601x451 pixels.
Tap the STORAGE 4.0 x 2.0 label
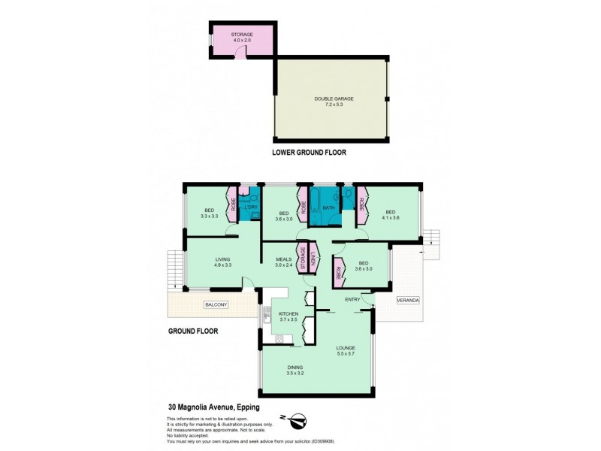(x=242, y=36)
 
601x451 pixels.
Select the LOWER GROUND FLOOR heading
(x=310, y=152)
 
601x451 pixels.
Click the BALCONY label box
(x=216, y=304)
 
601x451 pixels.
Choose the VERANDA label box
(x=409, y=300)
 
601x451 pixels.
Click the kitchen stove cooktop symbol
(x=279, y=339)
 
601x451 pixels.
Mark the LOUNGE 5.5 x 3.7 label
(x=346, y=351)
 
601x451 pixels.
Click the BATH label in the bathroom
(x=328, y=207)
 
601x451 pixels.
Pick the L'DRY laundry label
(x=252, y=207)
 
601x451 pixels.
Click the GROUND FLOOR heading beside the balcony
(x=192, y=330)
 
